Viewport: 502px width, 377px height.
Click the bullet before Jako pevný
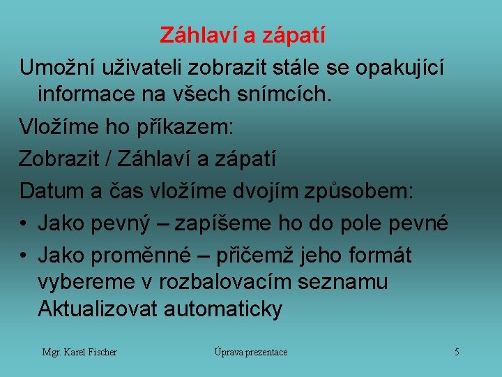(x=24, y=223)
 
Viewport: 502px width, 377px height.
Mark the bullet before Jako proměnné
(x=24, y=256)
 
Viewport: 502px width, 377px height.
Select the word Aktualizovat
(x=98, y=309)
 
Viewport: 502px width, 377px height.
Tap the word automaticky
(x=223, y=309)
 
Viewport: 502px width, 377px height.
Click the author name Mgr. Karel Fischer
(x=79, y=352)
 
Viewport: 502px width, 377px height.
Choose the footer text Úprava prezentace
(x=251, y=352)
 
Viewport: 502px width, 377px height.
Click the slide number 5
(x=457, y=352)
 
